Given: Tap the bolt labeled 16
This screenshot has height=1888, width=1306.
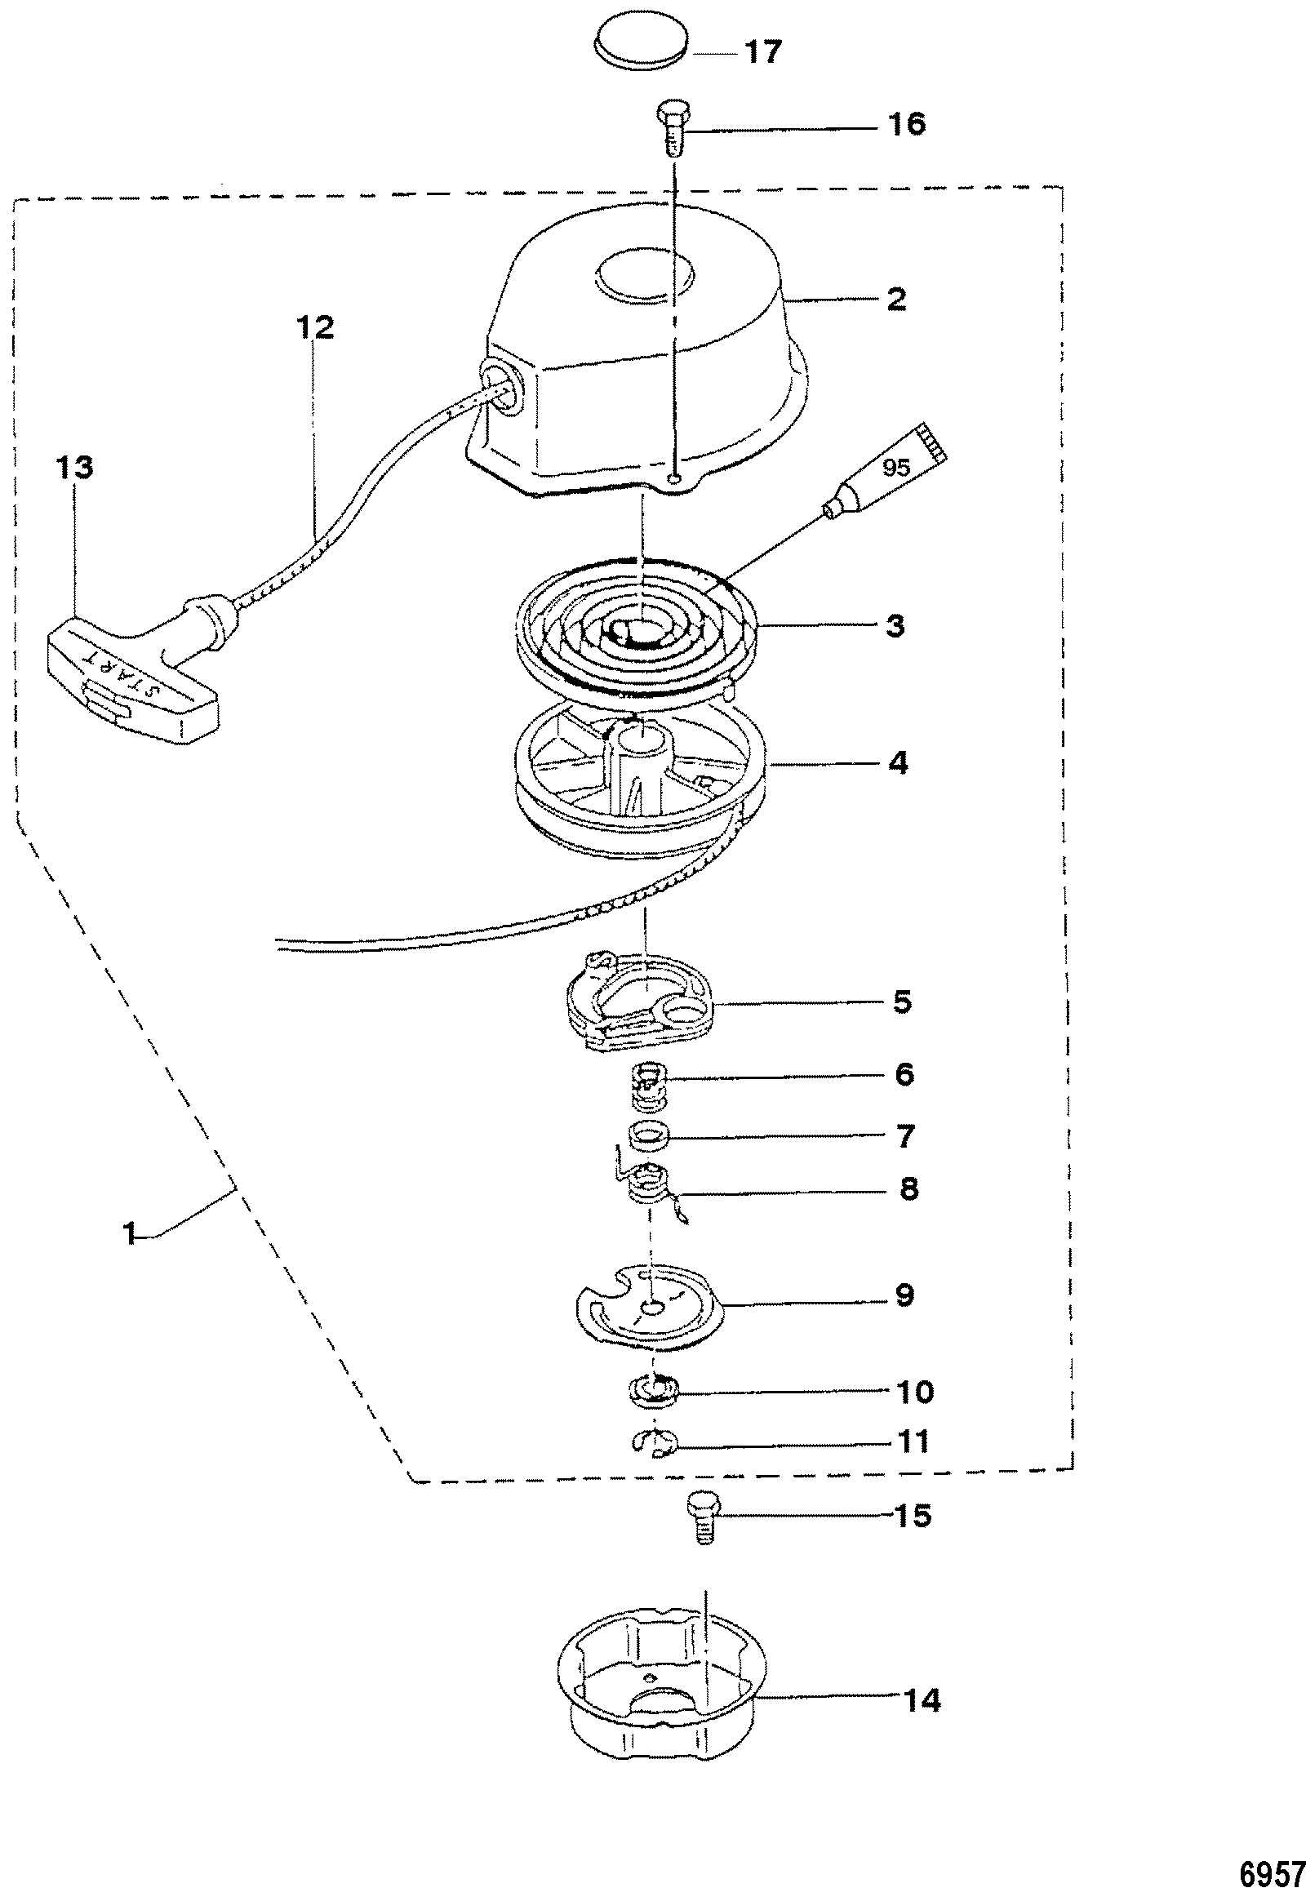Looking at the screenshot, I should point(673,127).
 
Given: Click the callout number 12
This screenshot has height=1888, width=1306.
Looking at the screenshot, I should point(315,327).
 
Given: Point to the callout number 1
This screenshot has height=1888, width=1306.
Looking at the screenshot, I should point(128,1233).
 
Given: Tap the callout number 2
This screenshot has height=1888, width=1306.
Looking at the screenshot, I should point(897,299).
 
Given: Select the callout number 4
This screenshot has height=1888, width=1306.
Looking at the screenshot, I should point(898,762).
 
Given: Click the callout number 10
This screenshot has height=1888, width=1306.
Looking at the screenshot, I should point(915,1391).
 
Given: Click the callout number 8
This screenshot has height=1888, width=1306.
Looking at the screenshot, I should point(908,1188).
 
